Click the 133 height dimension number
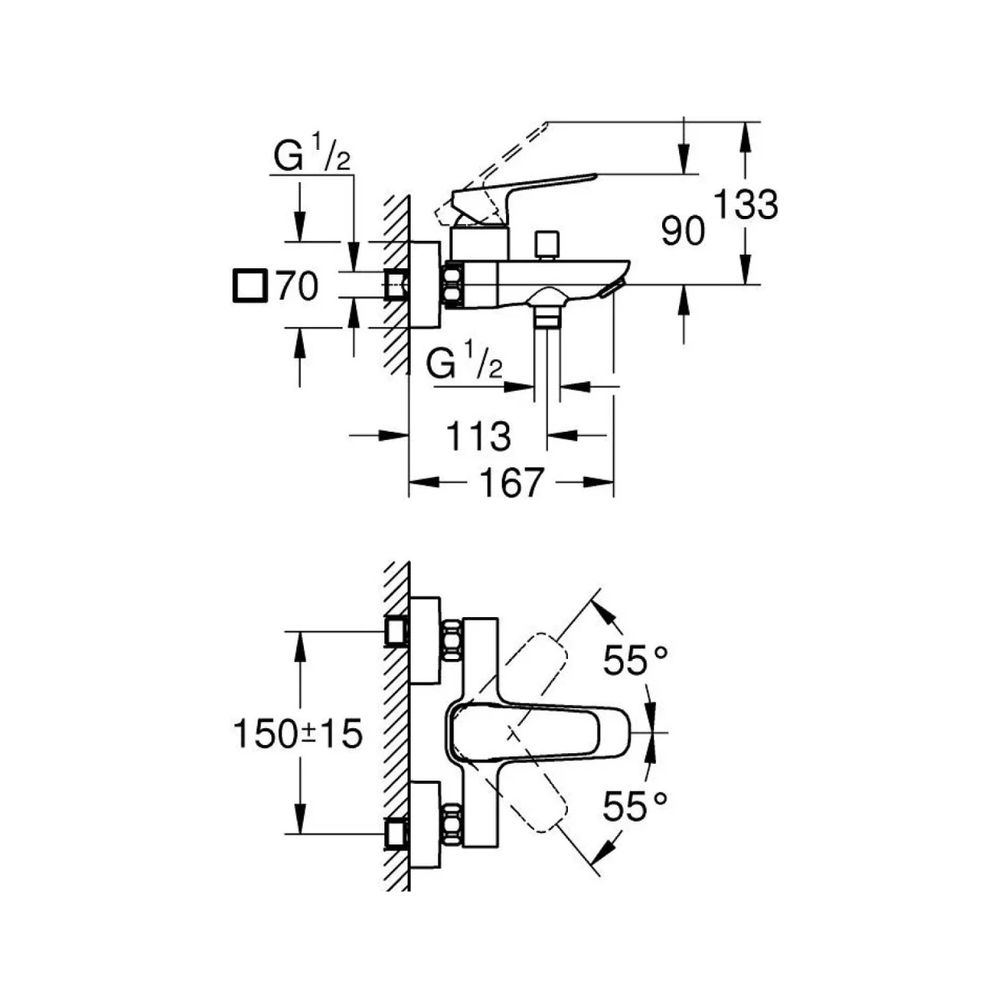pos(746,205)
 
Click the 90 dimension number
pos(683,231)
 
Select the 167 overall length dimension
pos(512,483)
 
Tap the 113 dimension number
pos(479,436)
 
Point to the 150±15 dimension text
pos(298,733)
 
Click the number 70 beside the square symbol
pos(296,286)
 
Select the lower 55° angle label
pos(636,806)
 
